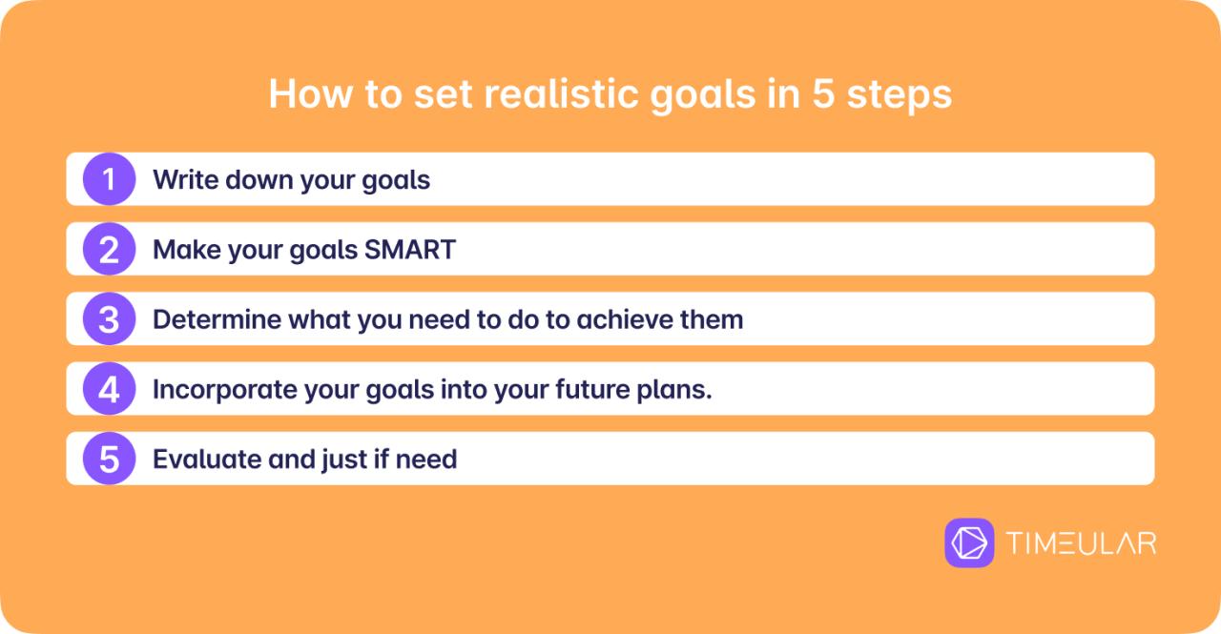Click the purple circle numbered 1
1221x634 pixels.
(x=109, y=179)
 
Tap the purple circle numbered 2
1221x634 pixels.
(x=109, y=249)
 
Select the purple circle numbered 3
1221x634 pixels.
(x=109, y=319)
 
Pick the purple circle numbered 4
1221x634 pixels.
(x=109, y=389)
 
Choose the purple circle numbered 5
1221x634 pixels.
(x=109, y=459)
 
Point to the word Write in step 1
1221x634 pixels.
(x=183, y=179)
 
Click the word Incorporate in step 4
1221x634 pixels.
(x=212, y=389)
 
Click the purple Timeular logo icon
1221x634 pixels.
(x=969, y=542)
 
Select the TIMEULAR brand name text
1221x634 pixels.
(x=1081, y=543)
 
